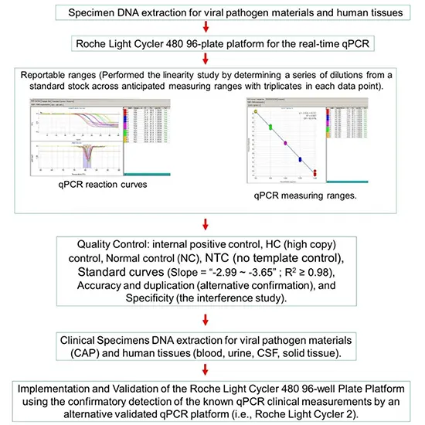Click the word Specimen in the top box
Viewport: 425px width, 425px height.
[95, 14]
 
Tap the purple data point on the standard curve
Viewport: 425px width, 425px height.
[286, 143]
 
